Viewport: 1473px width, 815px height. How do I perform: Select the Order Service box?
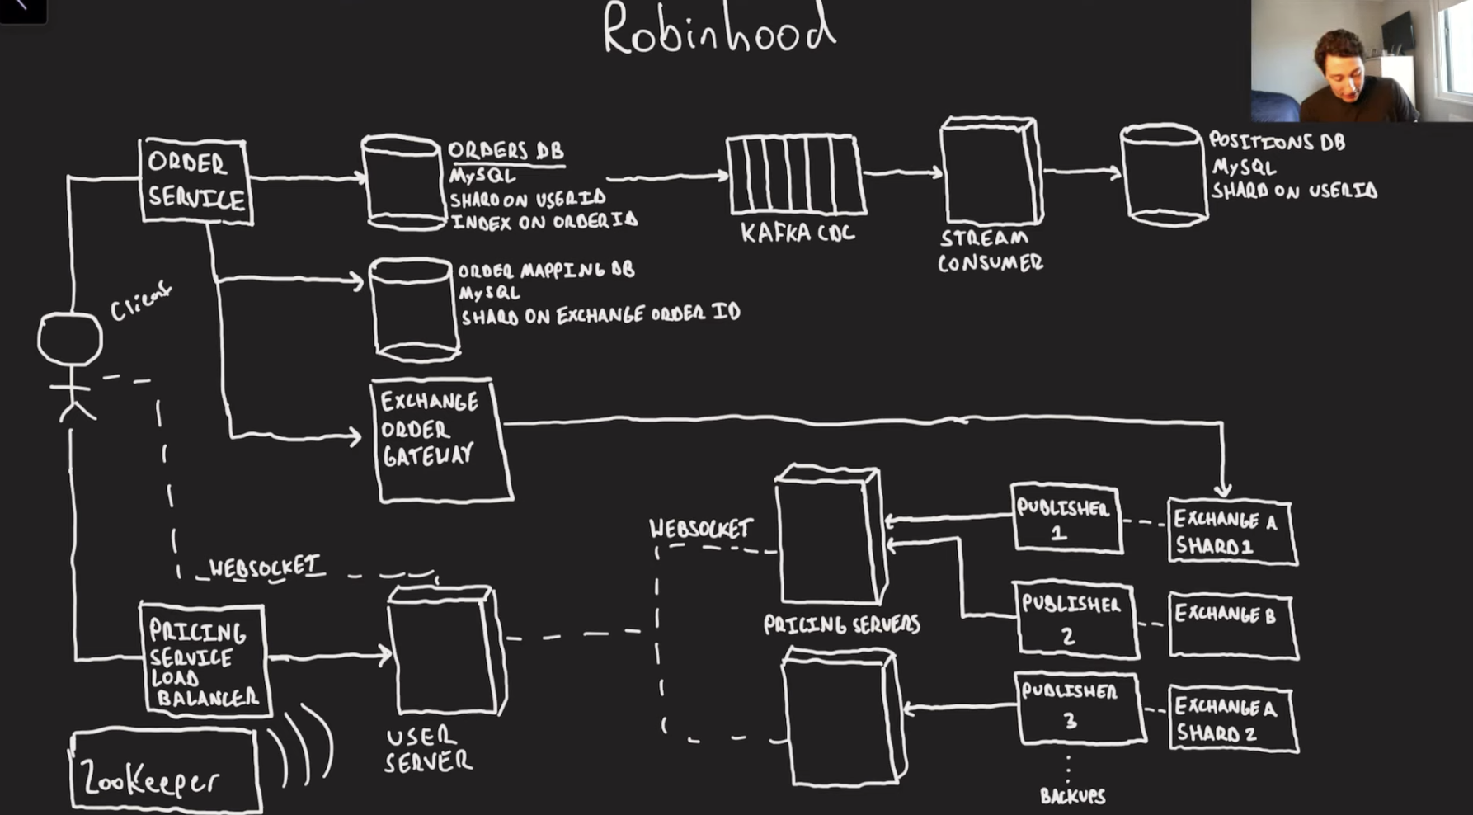click(x=196, y=181)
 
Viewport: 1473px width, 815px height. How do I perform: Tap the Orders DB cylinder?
click(x=403, y=183)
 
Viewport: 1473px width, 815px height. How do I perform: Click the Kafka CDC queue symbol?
click(x=795, y=176)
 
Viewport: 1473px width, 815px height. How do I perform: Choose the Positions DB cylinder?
click(x=1164, y=175)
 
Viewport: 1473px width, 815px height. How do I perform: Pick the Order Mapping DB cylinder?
click(x=414, y=310)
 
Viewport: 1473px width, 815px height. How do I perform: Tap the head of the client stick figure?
click(x=70, y=338)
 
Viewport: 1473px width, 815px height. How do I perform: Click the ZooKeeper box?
click(x=165, y=770)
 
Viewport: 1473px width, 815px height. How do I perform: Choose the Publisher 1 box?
click(x=1066, y=518)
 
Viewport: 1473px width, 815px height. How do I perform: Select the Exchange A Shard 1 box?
click(x=1231, y=532)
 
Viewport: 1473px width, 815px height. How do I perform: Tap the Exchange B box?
click(x=1232, y=626)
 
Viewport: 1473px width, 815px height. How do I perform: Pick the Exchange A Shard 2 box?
click(x=1232, y=718)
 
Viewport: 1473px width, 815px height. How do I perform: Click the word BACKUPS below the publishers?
click(x=1072, y=796)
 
